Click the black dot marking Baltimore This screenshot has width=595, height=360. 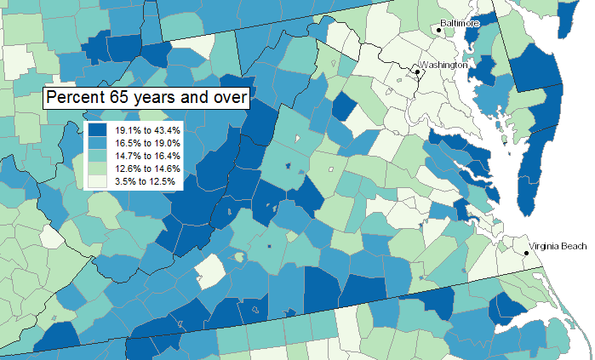[439, 31]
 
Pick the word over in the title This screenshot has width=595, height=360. [229, 98]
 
